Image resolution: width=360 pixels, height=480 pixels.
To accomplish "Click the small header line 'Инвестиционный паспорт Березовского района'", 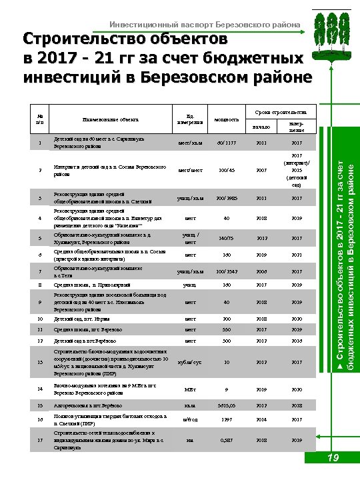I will [x=205, y=25].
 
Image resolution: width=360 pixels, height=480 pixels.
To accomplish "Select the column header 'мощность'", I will [x=226, y=119].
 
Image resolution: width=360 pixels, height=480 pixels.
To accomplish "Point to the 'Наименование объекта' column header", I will [x=109, y=119].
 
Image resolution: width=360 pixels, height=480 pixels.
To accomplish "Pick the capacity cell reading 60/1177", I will [x=226, y=142].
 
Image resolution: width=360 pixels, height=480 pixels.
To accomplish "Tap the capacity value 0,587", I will [x=226, y=440].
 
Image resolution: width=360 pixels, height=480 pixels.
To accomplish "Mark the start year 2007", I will [x=261, y=171].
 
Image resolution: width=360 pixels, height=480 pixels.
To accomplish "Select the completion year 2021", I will [x=297, y=254].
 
